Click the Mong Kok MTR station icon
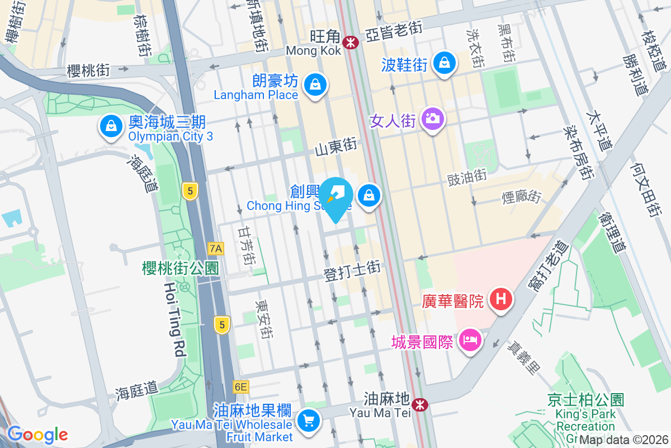[351, 42]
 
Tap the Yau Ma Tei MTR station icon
[419, 403]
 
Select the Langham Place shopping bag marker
[315, 85]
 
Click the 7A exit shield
[215, 248]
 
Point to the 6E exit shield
[240, 387]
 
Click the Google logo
[37, 435]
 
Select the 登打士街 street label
[352, 271]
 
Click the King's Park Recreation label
[586, 420]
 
